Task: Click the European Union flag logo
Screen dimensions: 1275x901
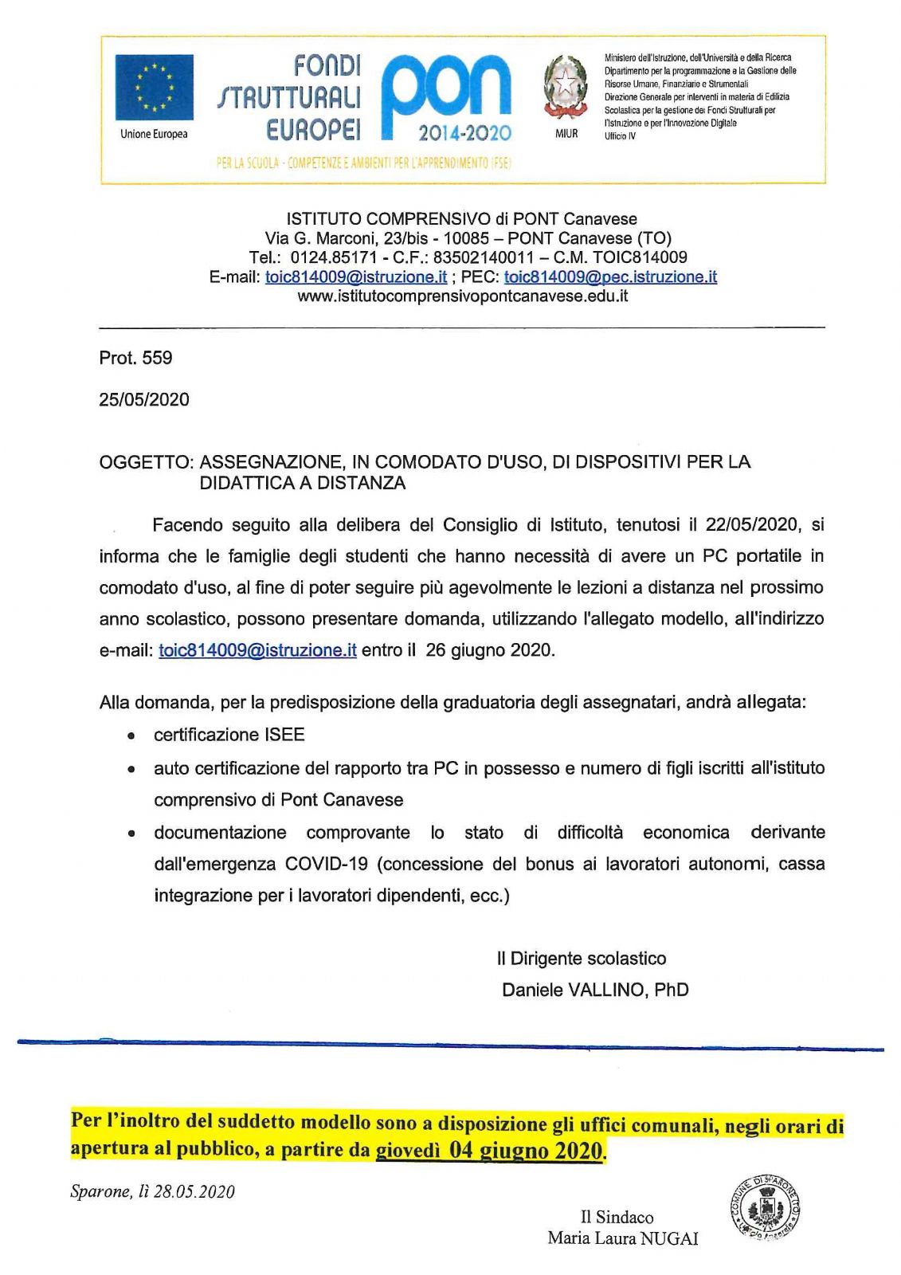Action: tap(154, 88)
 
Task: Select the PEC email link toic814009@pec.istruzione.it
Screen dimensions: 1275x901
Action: tap(610, 277)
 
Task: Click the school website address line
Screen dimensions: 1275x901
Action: tap(463, 296)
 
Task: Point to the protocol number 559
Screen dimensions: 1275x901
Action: tap(157, 359)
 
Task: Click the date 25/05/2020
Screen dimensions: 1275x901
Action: tap(144, 400)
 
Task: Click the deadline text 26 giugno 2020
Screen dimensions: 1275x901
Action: tap(489, 650)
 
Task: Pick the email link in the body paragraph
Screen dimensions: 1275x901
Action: tap(257, 650)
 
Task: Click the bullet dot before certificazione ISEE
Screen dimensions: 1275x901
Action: tap(130, 736)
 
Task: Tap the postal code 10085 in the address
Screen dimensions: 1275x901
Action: tap(466, 238)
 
